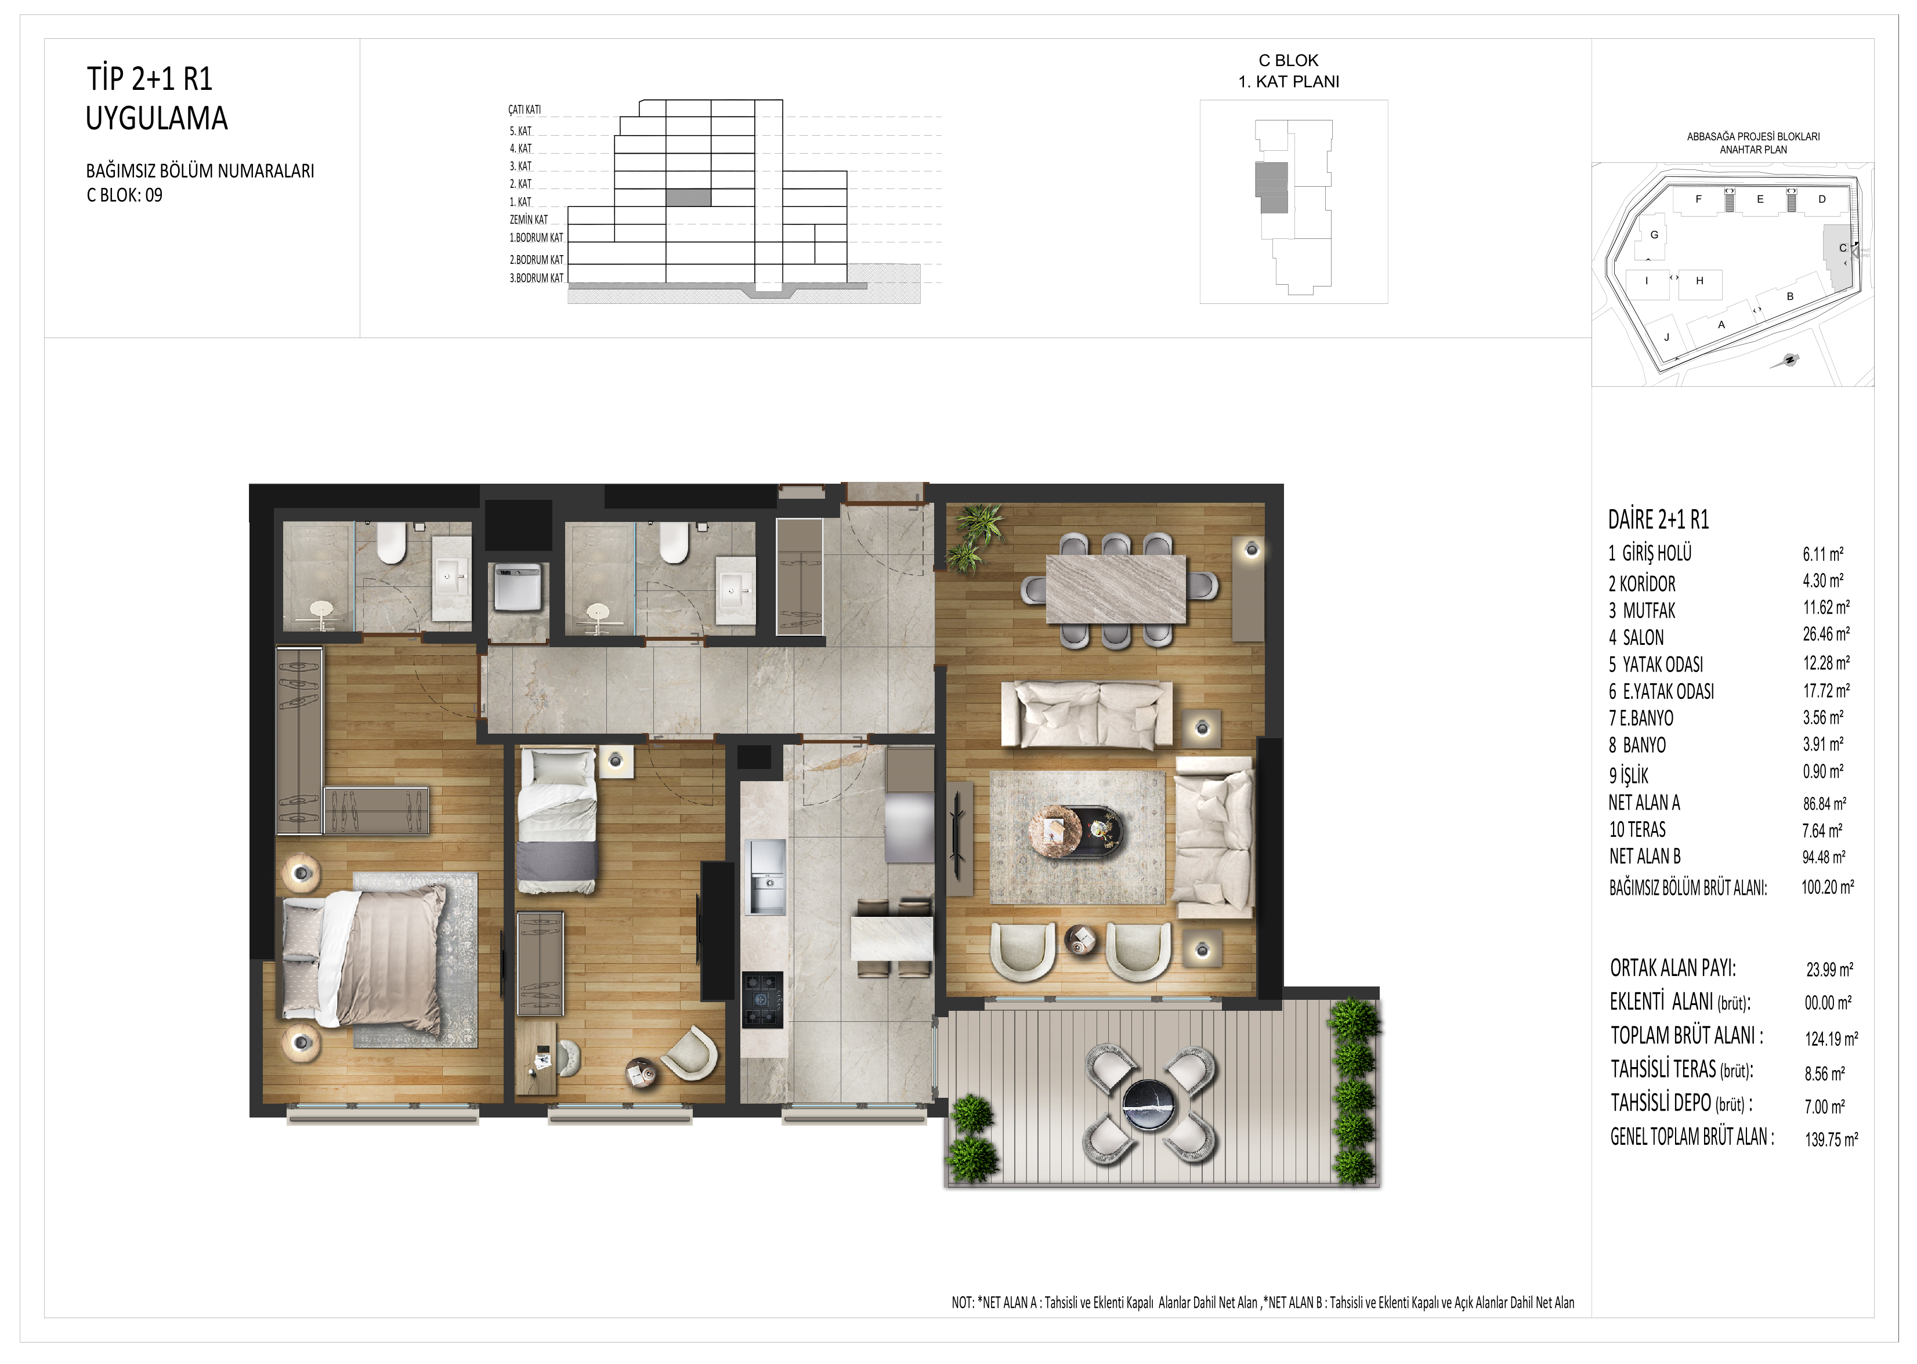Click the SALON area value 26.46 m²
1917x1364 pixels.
(1825, 634)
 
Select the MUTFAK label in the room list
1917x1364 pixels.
(1649, 611)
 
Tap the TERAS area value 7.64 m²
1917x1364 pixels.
(1822, 830)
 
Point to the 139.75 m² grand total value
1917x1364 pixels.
(1831, 1139)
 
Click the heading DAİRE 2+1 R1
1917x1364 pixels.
(1658, 520)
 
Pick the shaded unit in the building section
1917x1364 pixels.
(688, 197)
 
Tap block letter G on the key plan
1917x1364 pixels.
(1654, 235)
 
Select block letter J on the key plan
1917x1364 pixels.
(1667, 338)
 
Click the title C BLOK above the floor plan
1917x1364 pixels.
(1288, 60)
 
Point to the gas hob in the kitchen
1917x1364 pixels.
(762, 999)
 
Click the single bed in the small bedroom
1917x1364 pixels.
(558, 821)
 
